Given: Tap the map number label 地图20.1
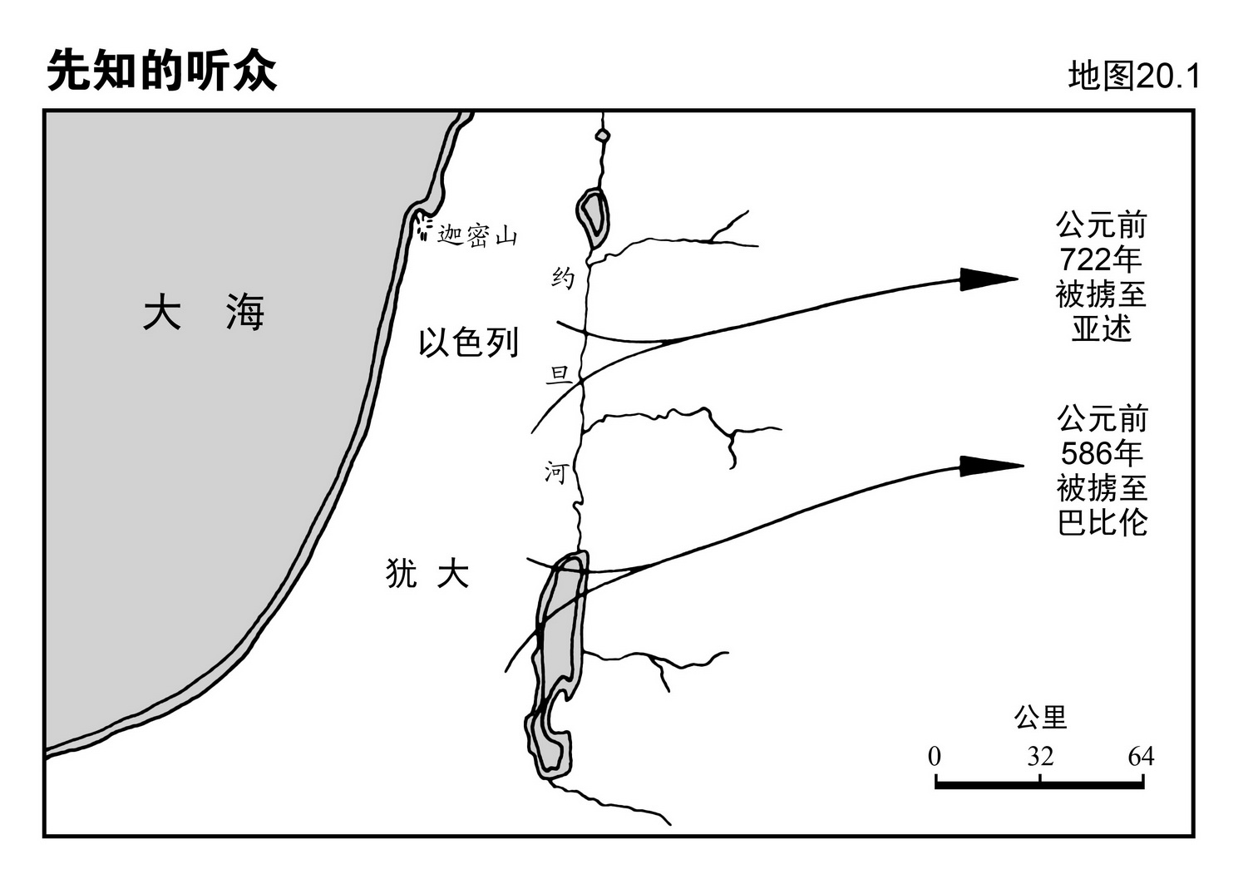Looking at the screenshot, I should point(1134,77).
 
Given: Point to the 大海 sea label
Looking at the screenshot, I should point(203,313).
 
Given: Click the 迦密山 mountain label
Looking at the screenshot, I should point(478,236).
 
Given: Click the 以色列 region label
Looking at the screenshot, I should point(468,342).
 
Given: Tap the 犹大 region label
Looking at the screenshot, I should point(427,573).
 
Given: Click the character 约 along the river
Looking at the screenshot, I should point(563,278).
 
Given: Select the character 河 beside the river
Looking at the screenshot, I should point(555,472).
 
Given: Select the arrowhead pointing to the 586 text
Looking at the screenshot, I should point(990,466).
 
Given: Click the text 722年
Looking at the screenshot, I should point(1101,260).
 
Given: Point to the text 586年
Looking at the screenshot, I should point(1102,453).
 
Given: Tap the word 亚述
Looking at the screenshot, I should point(1101,328).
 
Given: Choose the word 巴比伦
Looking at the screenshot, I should point(1102,522).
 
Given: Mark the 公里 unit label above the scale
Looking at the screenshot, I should point(1040,717).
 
